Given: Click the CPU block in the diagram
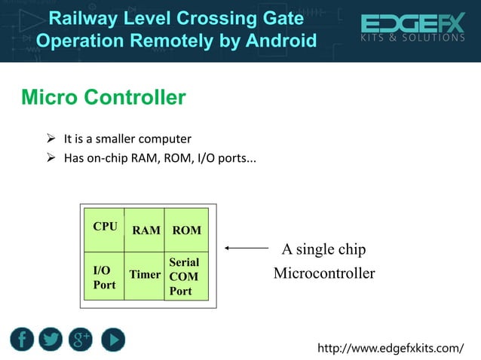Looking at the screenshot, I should [104, 230].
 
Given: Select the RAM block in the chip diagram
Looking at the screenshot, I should [146, 230].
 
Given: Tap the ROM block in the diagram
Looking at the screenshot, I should [186, 230].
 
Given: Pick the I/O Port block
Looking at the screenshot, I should [104, 276].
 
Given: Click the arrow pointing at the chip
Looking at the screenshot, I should [247, 248].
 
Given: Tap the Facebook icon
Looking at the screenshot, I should [23, 340].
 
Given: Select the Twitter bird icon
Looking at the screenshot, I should [51, 340].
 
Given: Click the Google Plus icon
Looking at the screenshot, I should [81, 340].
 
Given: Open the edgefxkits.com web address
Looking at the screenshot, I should [391, 347].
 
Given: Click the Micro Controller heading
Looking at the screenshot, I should [103, 97].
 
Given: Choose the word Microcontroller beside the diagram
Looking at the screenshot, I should [323, 273].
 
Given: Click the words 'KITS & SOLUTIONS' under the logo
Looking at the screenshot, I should [412, 38].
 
